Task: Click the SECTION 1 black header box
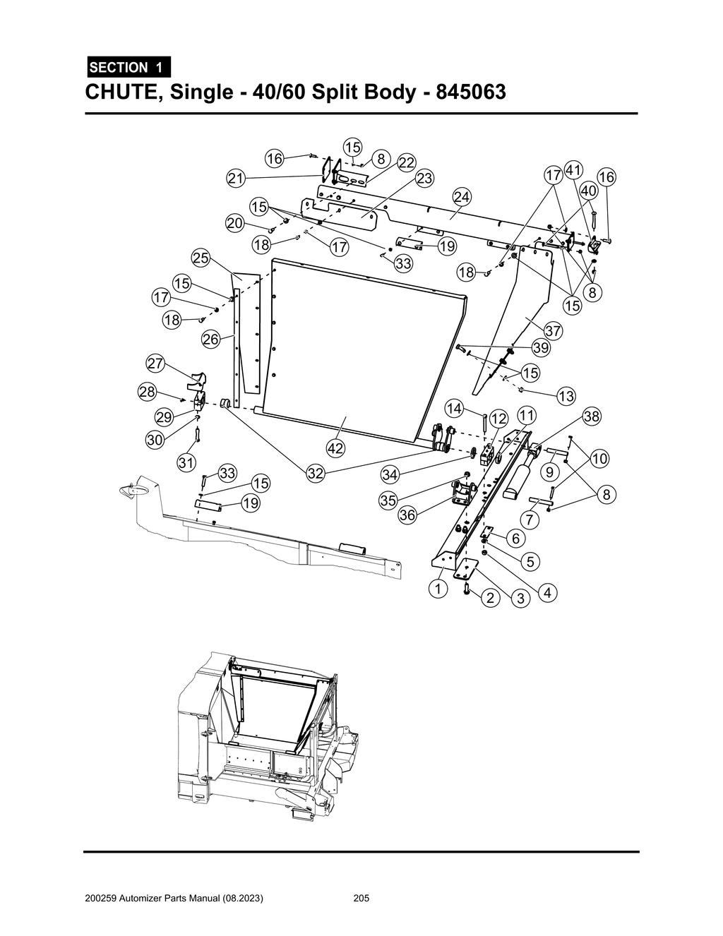128,68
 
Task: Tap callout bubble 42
335,448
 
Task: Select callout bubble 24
462,196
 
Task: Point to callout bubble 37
553,330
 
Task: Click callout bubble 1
438,588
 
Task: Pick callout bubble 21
236,179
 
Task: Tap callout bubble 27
155,364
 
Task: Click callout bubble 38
591,416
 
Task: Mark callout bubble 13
566,397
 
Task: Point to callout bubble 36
407,515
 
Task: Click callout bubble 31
186,463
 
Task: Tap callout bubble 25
201,258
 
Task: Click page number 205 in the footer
361,899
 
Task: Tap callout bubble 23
424,179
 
